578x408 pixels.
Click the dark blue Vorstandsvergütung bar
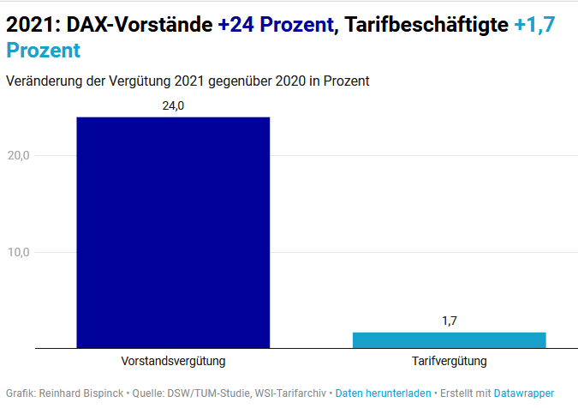click(173, 232)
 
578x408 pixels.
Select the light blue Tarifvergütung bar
click(449, 339)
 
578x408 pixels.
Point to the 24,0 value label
click(173, 105)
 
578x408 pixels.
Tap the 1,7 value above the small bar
click(449, 321)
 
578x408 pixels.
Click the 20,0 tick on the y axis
click(19, 155)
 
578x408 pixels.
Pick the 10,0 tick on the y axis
click(19, 252)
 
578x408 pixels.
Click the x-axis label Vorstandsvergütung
click(173, 361)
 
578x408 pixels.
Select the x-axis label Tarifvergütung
click(449, 361)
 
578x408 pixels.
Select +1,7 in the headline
click(535, 26)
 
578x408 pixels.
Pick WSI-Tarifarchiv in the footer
click(287, 393)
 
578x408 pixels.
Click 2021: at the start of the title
click(31, 26)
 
